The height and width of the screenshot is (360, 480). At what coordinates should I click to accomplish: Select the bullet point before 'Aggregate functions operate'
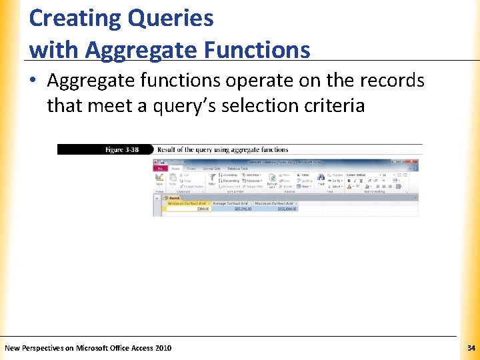(35, 81)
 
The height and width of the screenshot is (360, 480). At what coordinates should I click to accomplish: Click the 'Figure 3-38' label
(122, 150)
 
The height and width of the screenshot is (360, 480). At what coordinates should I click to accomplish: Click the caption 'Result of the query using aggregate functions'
(223, 150)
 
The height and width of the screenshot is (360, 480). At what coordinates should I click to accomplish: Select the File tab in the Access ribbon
(160, 169)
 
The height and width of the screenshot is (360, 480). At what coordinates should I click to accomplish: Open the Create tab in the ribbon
(191, 169)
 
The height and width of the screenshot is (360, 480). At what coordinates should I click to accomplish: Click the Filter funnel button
(211, 180)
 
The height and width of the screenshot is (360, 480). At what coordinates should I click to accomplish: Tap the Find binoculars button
(321, 180)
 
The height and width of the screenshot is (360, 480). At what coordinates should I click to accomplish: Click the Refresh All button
(272, 182)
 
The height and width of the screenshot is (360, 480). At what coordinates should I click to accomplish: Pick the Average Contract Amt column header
(231, 203)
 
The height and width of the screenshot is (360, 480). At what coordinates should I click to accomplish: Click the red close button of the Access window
(413, 162)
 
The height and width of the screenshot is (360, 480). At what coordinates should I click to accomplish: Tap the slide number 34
(471, 348)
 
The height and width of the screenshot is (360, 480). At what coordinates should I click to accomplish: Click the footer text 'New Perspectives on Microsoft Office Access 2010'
(88, 348)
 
